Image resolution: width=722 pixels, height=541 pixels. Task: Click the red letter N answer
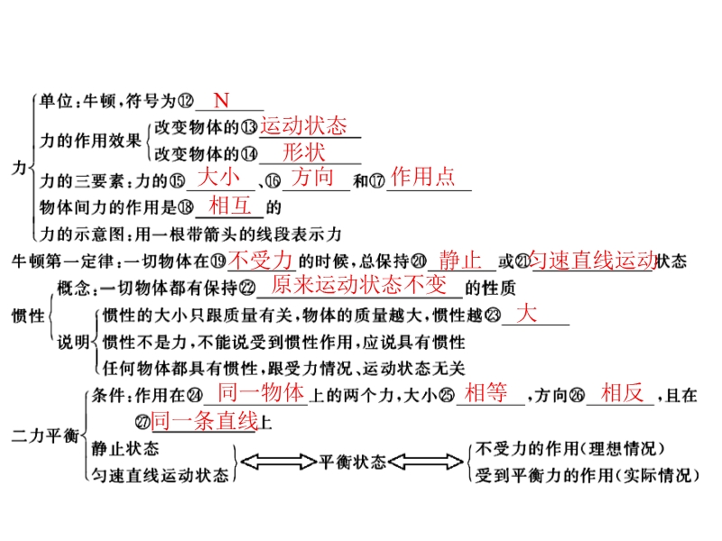click(x=221, y=100)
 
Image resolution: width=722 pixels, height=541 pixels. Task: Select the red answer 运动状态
click(x=303, y=125)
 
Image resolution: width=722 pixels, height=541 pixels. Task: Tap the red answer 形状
click(x=303, y=151)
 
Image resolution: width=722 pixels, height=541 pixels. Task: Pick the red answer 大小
click(x=218, y=177)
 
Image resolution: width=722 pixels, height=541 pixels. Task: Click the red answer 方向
click(x=312, y=177)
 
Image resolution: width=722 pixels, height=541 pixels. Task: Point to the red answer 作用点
click(x=423, y=176)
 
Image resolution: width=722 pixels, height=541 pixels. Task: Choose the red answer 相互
click(x=230, y=206)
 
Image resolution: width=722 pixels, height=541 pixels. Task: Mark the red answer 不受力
click(x=261, y=261)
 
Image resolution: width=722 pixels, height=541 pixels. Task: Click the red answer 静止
click(x=460, y=260)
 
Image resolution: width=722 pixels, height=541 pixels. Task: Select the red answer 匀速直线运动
click(x=593, y=260)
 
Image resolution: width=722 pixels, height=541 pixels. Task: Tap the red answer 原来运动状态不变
click(x=359, y=285)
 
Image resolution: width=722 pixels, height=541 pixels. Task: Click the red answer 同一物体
click(x=261, y=393)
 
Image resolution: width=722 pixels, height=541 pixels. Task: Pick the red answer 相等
click(x=486, y=393)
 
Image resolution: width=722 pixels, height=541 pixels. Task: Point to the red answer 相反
click(x=622, y=393)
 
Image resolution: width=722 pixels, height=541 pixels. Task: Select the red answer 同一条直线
click(x=205, y=421)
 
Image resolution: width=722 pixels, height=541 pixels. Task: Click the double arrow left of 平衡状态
click(x=279, y=462)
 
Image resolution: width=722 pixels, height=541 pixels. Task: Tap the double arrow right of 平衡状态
click(x=426, y=462)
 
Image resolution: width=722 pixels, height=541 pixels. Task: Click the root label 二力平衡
click(x=45, y=436)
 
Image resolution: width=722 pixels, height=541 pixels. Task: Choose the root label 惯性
click(x=28, y=316)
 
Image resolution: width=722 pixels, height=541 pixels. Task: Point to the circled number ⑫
click(x=185, y=101)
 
